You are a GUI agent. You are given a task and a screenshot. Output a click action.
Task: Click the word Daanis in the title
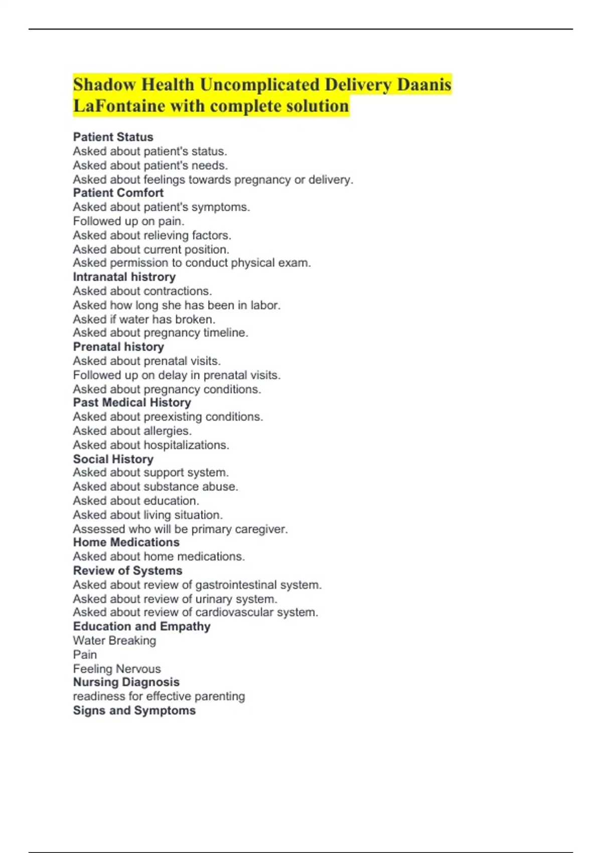click(424, 84)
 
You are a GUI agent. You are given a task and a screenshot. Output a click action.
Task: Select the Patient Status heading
click(113, 137)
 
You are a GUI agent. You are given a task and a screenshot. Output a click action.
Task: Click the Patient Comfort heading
click(118, 193)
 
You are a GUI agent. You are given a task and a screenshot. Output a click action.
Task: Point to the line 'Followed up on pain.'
click(128, 221)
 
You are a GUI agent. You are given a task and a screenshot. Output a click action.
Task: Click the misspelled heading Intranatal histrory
click(124, 277)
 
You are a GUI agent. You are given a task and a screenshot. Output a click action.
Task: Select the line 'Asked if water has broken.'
click(144, 319)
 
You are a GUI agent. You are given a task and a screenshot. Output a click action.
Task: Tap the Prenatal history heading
click(118, 347)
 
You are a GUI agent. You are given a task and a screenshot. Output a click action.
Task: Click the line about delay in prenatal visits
click(177, 375)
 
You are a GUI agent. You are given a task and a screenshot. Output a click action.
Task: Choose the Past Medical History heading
click(132, 402)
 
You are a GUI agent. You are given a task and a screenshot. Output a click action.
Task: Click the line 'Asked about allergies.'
click(132, 431)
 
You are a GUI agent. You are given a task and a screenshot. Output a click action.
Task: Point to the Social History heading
click(113, 459)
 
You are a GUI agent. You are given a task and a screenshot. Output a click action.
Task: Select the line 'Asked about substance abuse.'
click(156, 486)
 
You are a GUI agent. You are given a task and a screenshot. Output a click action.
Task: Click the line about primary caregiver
click(180, 529)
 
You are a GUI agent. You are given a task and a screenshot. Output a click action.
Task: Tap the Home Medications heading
click(126, 542)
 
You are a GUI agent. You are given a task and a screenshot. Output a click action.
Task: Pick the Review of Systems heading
click(127, 571)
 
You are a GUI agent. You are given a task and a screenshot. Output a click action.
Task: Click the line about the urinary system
click(175, 599)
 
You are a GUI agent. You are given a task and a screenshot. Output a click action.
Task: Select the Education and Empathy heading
click(141, 626)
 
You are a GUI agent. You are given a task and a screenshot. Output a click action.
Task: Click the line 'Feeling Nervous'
click(117, 668)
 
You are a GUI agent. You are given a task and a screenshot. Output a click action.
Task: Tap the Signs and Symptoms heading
click(134, 710)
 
